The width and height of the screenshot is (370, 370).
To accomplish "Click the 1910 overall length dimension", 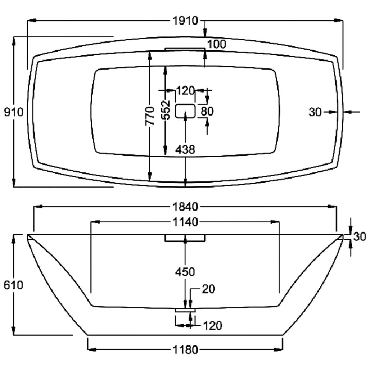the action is [x=185, y=21].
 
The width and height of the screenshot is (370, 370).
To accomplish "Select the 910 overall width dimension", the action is [x=14, y=112].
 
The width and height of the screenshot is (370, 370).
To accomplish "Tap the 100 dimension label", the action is [x=216, y=44].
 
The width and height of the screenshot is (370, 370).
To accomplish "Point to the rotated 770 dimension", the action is [x=150, y=115].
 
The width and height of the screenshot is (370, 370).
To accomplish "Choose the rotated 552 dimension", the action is [x=166, y=110].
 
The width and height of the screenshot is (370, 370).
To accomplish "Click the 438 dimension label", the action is [x=185, y=149].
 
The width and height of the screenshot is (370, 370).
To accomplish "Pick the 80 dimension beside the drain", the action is [x=207, y=111].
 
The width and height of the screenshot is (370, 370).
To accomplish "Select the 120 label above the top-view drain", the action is [x=185, y=90].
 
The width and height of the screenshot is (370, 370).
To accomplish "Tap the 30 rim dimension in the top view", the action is [x=315, y=112].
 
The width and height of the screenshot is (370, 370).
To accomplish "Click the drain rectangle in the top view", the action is [x=185, y=111].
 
